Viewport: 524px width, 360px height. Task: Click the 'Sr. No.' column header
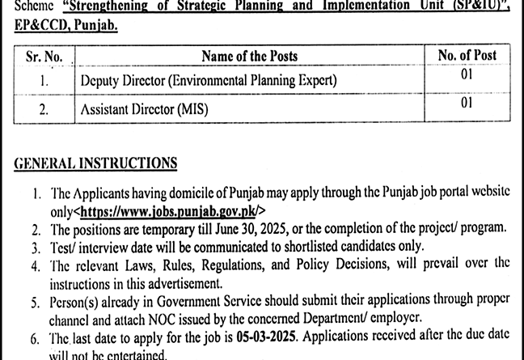(44, 56)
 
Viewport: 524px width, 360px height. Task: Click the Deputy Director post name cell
(208, 81)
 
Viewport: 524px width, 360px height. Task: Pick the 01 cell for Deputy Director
(467, 78)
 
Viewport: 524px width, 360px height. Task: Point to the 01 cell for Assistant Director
(467, 104)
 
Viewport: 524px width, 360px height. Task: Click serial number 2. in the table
(44, 108)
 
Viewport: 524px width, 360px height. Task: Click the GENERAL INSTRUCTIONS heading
(95, 163)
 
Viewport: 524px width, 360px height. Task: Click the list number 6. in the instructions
(38, 338)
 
